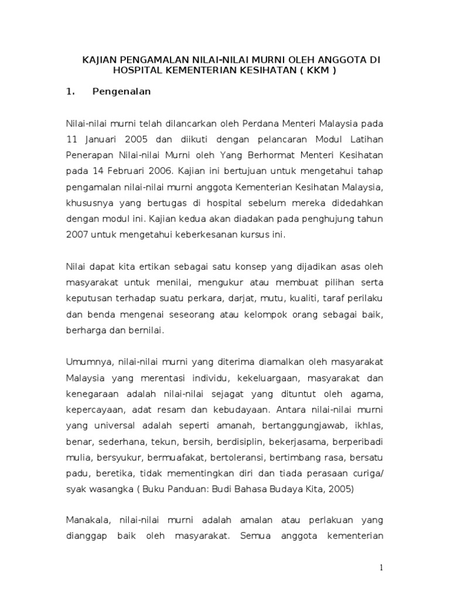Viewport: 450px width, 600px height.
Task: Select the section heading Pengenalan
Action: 122,91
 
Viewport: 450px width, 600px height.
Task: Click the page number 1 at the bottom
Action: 381,568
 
